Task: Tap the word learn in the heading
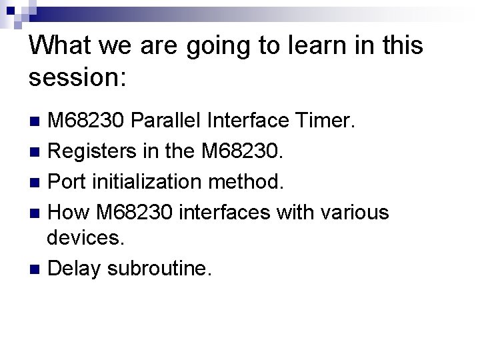click(303, 46)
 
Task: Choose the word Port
click(67, 182)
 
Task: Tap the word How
click(70, 213)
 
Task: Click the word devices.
click(86, 237)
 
